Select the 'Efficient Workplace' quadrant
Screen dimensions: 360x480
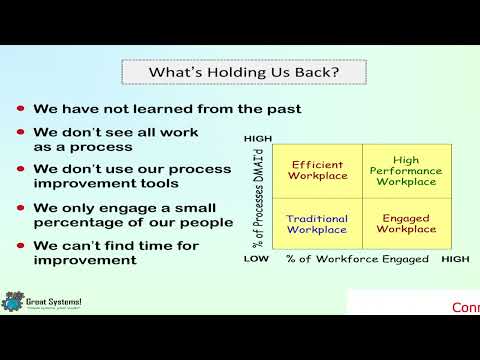pyautogui.click(x=317, y=169)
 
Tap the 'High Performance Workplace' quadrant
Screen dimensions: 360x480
pyautogui.click(x=406, y=169)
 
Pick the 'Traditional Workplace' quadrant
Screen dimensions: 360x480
pyautogui.click(x=317, y=223)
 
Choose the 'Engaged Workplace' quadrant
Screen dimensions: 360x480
pyautogui.click(x=406, y=223)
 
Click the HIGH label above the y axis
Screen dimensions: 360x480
pyautogui.click(x=258, y=138)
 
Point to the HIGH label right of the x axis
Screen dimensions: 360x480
pyautogui.click(x=455, y=259)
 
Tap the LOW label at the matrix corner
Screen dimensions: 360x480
pyautogui.click(x=258, y=259)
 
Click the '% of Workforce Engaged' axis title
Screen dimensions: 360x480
pyautogui.click(x=357, y=259)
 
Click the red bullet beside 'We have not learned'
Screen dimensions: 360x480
pyautogui.click(x=22, y=108)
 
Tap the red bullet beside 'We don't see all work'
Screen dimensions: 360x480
pyautogui.click(x=22, y=133)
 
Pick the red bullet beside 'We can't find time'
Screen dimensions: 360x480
pyautogui.click(x=22, y=246)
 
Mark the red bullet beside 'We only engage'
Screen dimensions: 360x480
pyautogui.click(x=22, y=208)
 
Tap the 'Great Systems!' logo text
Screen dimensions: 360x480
pyautogui.click(x=56, y=298)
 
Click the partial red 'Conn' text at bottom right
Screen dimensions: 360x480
pyautogui.click(x=465, y=307)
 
